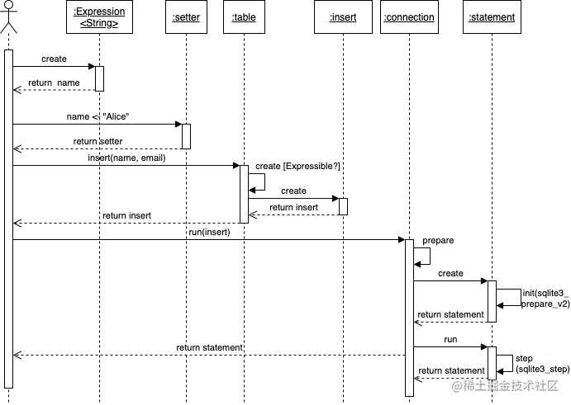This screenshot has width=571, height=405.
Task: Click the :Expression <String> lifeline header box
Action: [99, 17]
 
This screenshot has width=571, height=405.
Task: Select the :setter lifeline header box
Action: [186, 17]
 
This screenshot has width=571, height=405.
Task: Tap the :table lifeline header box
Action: [244, 17]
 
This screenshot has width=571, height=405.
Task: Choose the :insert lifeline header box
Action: [343, 17]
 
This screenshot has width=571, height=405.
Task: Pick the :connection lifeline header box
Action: [408, 17]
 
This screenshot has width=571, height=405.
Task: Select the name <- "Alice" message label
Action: [99, 117]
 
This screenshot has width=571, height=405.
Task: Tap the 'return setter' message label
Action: [98, 142]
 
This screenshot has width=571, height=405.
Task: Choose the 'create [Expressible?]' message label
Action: [297, 166]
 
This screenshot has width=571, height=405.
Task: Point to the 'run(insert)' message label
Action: [209, 233]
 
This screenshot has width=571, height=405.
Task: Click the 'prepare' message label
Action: [438, 240]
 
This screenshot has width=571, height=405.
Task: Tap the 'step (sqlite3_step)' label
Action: [542, 364]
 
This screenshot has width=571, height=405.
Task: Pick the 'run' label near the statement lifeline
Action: [450, 339]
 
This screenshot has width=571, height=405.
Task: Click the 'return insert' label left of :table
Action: [126, 216]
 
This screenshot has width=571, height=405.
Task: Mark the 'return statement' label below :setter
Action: [209, 348]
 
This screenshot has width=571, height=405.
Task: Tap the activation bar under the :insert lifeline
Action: [343, 206]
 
